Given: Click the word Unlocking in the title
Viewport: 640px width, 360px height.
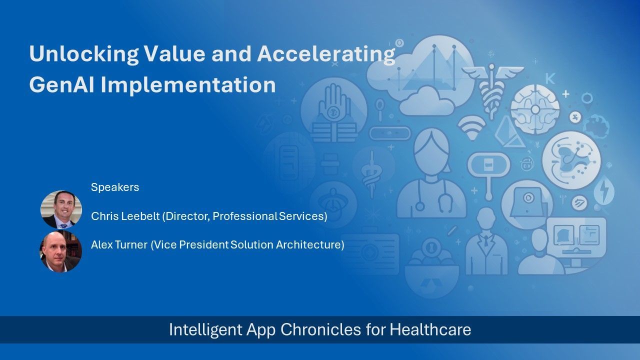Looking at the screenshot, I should pos(83,53).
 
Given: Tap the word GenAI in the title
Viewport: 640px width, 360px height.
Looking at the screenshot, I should pos(61,84).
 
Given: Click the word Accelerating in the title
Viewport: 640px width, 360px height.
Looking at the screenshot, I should pos(325,53).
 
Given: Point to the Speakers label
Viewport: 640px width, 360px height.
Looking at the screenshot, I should pos(115,187).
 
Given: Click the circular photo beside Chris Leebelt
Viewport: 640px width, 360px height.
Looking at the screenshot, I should pos(61,209).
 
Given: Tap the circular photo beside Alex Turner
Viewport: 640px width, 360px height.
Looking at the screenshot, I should pos(61,251).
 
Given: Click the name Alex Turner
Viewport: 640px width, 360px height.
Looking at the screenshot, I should pos(119,245).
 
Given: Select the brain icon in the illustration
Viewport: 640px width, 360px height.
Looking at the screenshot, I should pos(535,109).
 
